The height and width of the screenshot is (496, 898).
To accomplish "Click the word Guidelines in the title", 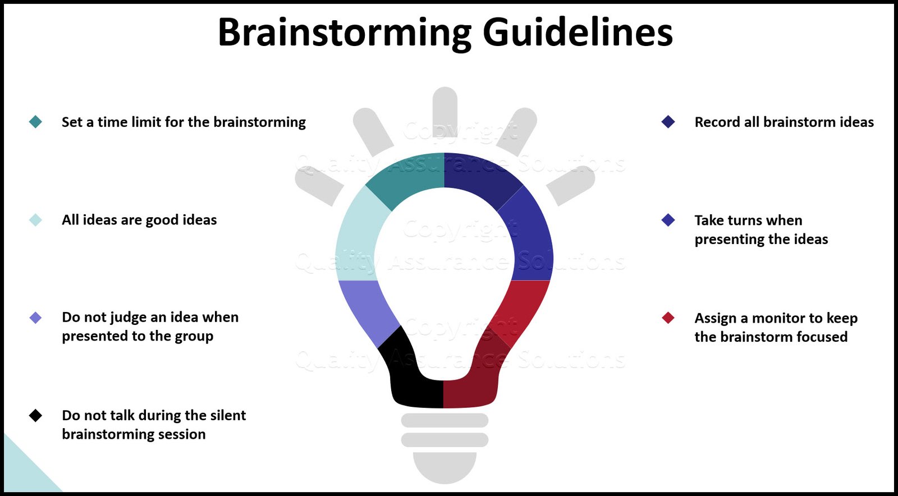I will [578, 33].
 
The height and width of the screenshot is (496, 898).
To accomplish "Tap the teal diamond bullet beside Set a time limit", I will [35, 122].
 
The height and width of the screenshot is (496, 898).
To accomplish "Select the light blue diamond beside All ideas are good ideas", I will [35, 220].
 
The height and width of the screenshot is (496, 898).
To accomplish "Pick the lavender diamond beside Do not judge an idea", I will [35, 318].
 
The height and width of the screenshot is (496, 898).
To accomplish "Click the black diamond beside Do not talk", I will [35, 416].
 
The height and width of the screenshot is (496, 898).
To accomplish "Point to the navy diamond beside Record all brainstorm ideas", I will [668, 122].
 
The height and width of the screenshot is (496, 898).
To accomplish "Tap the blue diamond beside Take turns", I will [668, 220].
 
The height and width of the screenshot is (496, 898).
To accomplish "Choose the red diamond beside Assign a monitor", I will [668, 318].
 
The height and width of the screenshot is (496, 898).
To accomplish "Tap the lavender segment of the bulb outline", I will [368, 309].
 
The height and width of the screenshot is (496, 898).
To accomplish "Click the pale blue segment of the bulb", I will [359, 236].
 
